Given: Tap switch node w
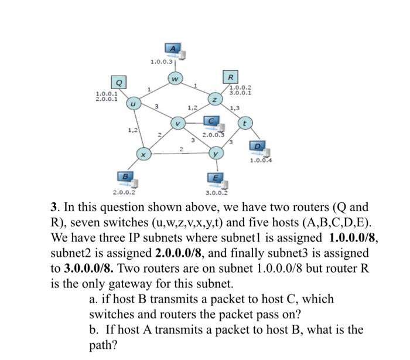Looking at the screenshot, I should [175, 77].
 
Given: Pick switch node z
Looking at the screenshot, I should [216, 100].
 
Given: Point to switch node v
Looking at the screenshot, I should [178, 124].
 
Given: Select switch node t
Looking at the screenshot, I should [246, 123].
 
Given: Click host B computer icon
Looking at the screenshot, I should [123, 177].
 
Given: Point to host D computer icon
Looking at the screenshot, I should [258, 147].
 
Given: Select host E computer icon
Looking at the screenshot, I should [214, 178].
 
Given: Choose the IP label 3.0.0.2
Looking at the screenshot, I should [216, 192].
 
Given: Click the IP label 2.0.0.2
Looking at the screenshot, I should [124, 192].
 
